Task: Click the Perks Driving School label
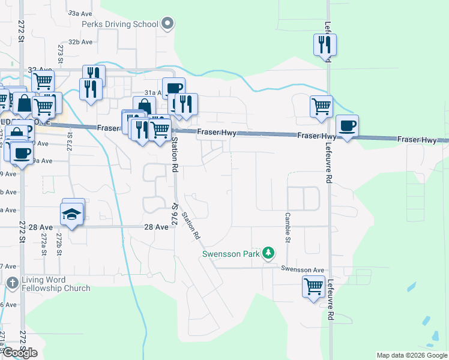pos(120,25)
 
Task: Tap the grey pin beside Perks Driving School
pos(167,25)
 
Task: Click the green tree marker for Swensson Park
pos(270,254)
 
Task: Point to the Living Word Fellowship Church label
pos(56,284)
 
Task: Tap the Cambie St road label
pos(288,227)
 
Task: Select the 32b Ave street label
pos(80,42)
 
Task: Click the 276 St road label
pos(176,213)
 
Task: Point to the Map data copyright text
pos(411,355)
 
